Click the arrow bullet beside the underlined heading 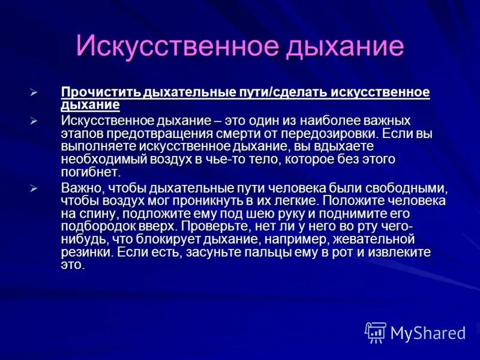(34, 93)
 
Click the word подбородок (98, 227)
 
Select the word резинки (86, 253)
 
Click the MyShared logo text (428, 332)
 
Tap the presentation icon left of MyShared (376, 332)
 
